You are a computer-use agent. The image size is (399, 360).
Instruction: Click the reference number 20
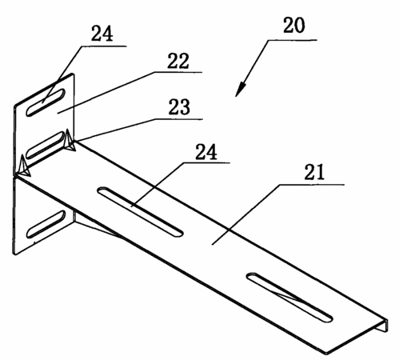coord(293,26)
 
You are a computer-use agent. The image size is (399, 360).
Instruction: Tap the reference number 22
coord(178,61)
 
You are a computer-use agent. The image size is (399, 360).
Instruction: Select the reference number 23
coord(179,107)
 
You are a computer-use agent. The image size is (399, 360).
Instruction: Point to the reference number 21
coord(314,172)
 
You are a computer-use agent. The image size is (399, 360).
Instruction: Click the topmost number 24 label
coord(102,34)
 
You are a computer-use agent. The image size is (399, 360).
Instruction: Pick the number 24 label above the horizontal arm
coord(206,152)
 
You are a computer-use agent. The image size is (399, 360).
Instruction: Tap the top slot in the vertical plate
coord(46,102)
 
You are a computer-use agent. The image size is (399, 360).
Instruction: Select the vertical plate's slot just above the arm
coord(46,145)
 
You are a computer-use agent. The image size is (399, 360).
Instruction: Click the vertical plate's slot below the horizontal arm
coord(46,224)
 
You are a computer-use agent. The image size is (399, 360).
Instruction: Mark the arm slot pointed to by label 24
coord(140,211)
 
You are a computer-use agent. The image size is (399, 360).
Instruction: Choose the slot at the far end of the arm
coord(289,298)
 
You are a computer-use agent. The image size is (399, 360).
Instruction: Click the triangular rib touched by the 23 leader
coord(70,141)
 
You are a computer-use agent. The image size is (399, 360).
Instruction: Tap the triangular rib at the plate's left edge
coord(25,166)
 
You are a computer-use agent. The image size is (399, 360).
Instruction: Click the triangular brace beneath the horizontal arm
coord(96,223)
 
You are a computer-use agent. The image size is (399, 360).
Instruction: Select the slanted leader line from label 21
coord(245,214)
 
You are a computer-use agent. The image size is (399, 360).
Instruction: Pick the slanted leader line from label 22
coord(106,92)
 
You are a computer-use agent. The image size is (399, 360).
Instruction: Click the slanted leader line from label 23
coord(116,130)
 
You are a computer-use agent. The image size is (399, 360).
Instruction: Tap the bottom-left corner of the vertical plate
coord(15,254)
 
